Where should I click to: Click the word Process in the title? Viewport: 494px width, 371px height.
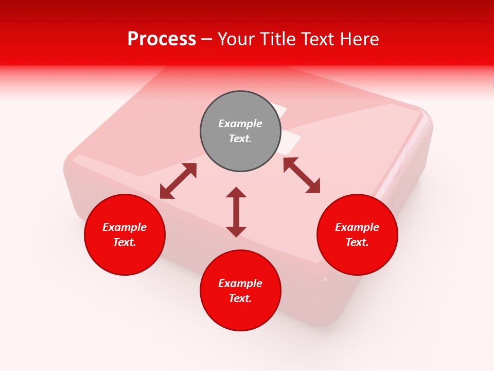(162, 39)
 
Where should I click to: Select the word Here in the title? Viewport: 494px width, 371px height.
(359, 39)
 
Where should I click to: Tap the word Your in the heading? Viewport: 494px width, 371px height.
(235, 39)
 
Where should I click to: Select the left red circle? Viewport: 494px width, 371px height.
(125, 258)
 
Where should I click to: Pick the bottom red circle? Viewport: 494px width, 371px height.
(240, 314)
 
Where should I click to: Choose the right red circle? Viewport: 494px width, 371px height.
(357, 258)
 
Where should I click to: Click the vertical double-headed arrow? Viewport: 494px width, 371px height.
(236, 212)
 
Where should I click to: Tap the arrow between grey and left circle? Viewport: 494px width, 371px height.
(178, 181)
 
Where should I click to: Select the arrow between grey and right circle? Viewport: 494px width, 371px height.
(302, 175)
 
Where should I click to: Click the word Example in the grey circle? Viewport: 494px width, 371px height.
(240, 124)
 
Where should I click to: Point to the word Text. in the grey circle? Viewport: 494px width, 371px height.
(240, 139)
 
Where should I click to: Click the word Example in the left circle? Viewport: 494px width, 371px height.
(125, 227)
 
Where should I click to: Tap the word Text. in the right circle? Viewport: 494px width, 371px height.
(357, 242)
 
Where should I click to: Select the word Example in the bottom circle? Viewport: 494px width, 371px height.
(240, 283)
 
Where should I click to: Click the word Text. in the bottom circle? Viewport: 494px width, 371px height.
(240, 298)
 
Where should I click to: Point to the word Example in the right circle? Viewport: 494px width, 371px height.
(357, 227)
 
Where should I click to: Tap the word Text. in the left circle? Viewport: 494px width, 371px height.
(125, 242)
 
